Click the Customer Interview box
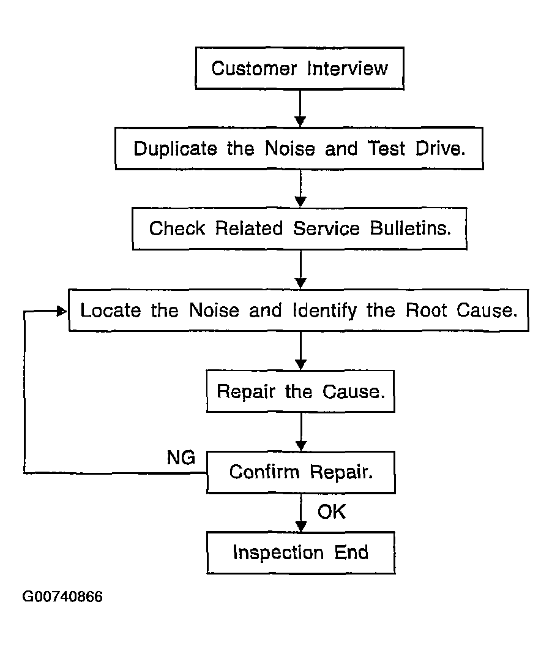coord(300,68)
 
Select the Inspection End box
coord(301,552)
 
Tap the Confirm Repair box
coord(301,472)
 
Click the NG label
coord(181,458)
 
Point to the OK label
coord(332,512)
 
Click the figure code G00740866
coord(62,597)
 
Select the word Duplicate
coord(176,149)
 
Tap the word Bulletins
coord(411,228)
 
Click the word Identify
coord(325,311)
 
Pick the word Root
coord(426,310)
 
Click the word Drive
coord(441,148)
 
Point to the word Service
coord(327,228)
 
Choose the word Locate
coord(111,311)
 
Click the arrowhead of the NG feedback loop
coord(62,311)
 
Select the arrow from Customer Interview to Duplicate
coord(300,108)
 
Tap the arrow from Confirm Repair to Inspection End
coord(301,513)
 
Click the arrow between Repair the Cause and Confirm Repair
coord(301,432)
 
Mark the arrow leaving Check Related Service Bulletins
coord(300,269)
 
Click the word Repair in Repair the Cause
coord(246,392)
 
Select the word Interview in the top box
coord(347,68)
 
